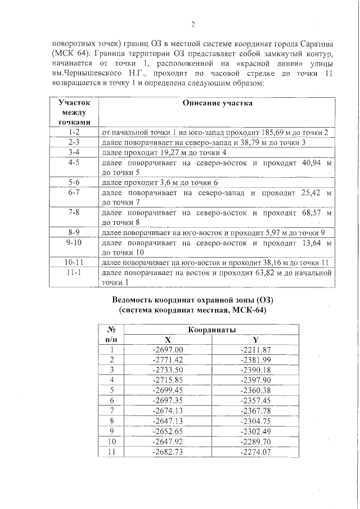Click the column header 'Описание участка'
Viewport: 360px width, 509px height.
click(x=217, y=103)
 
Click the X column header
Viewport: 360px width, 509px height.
click(x=168, y=340)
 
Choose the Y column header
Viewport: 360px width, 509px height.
click(x=255, y=340)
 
